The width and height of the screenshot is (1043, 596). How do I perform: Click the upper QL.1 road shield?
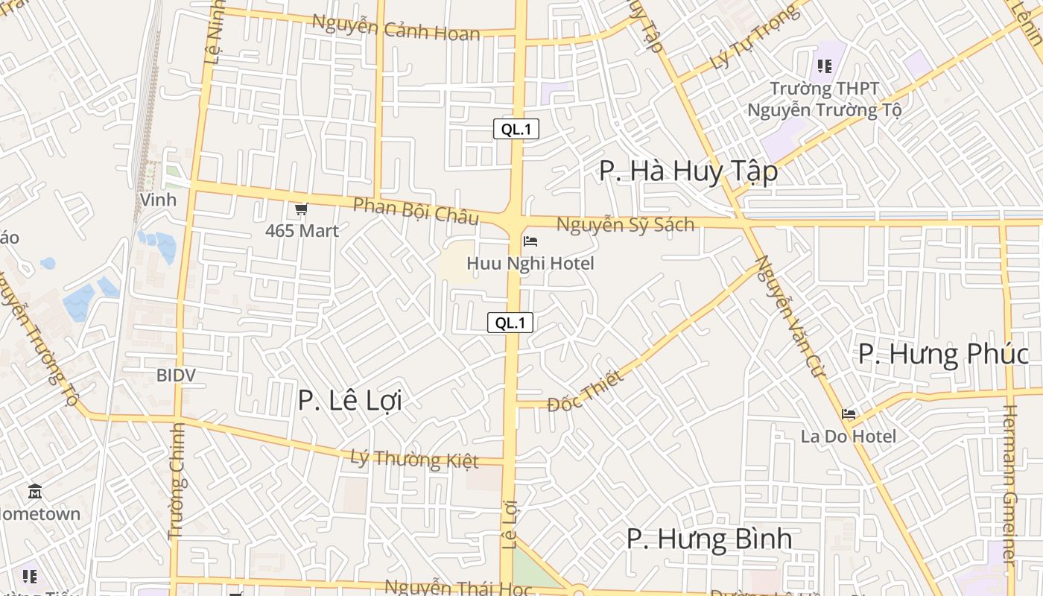[516, 129]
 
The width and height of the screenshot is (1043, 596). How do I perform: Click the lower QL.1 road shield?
[510, 323]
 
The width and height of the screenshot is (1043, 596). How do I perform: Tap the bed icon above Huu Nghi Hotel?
[530, 241]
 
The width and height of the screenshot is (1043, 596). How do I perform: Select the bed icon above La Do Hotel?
[849, 414]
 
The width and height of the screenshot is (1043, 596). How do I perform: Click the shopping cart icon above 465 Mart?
[301, 209]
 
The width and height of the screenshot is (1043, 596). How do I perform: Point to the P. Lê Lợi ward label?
[349, 400]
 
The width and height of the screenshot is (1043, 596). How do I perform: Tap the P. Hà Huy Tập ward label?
[688, 171]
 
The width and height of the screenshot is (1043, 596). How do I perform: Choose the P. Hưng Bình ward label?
[708, 539]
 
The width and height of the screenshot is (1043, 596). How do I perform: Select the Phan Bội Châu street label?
[415, 211]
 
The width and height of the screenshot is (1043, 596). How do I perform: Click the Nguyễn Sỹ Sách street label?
[625, 224]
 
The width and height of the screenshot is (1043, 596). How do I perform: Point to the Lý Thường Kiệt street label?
[414, 458]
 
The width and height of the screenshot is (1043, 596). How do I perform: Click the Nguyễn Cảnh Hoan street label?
[396, 27]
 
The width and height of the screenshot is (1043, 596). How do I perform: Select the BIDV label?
[176, 375]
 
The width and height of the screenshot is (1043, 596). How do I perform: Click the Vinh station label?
[158, 200]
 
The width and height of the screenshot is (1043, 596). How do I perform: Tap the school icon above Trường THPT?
[824, 66]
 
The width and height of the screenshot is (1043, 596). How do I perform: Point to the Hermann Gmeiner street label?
[1010, 484]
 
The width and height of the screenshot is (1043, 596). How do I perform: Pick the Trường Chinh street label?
[177, 481]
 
